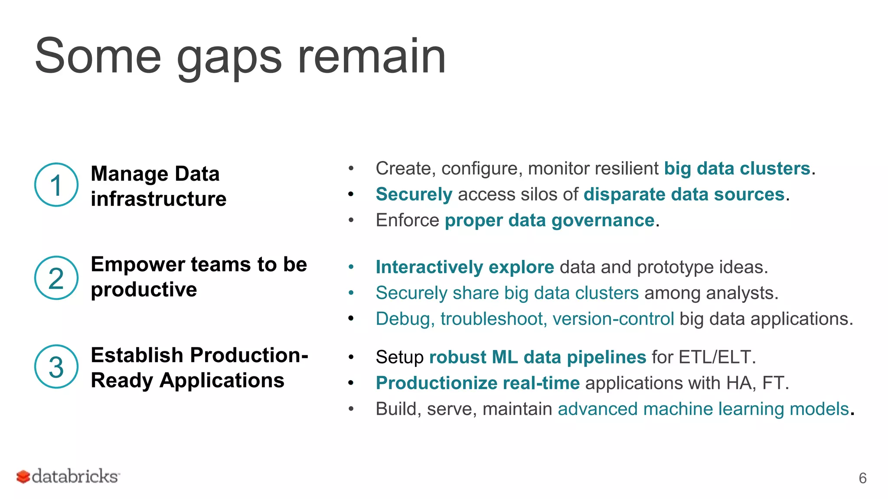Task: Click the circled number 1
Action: pos(56,185)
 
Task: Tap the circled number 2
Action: pos(56,278)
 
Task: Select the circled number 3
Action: pos(56,367)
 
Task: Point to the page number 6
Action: pos(862,478)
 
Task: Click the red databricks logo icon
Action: pos(23,477)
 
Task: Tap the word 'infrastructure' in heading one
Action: pos(158,199)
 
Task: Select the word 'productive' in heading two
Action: pos(144,289)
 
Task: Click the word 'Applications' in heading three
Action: pos(222,381)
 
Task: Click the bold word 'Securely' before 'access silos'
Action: pos(414,194)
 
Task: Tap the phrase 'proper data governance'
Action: pos(549,220)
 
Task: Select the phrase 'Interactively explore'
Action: pos(464,267)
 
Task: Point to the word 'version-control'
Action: pos(613,319)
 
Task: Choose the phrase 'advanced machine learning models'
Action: pos(703,409)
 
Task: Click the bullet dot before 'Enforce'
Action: pos(351,220)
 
